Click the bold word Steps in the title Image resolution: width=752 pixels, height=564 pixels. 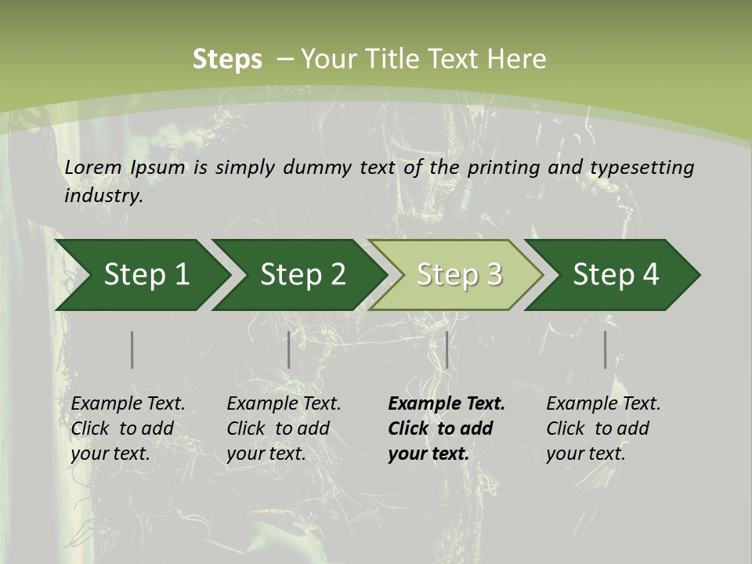tap(227, 60)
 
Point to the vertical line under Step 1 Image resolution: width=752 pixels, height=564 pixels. tap(132, 349)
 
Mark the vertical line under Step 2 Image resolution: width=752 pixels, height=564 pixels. tap(289, 349)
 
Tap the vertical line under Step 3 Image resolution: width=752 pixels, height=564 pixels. tap(446, 349)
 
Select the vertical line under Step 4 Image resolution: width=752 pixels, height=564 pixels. tap(605, 349)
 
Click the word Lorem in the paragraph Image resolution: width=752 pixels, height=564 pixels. tap(92, 167)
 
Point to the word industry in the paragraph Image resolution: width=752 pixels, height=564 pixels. tap(103, 195)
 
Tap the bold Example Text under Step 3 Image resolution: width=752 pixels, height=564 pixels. tap(446, 403)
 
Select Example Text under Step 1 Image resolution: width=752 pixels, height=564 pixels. tap(128, 403)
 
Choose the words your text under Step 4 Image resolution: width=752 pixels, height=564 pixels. tap(585, 454)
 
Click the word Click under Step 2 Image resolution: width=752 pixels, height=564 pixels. tap(246, 428)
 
